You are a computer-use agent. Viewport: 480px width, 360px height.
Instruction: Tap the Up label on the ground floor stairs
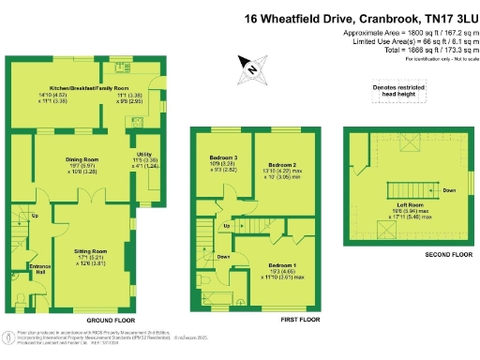tap(36, 217)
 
